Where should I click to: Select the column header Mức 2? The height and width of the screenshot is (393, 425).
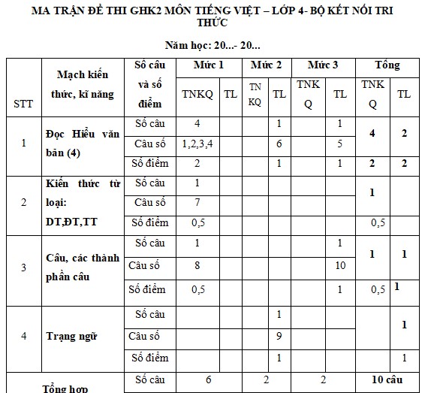click(x=266, y=65)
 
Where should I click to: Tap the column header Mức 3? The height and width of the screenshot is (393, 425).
click(x=323, y=65)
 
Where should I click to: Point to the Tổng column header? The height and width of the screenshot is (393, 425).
click(x=387, y=65)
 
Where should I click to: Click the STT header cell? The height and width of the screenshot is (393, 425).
click(x=23, y=104)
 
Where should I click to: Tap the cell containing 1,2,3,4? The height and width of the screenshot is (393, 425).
click(x=197, y=142)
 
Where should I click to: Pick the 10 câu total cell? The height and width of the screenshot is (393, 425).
click(x=387, y=381)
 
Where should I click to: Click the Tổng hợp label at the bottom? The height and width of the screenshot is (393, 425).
click(x=65, y=388)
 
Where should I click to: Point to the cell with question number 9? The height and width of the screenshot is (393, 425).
click(x=279, y=336)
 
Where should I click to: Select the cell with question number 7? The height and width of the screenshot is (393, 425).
click(x=197, y=202)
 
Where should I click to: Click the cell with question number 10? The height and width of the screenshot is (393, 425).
click(x=339, y=265)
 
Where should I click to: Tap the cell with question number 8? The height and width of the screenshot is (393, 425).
click(x=197, y=265)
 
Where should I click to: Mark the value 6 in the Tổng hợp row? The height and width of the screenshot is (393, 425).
click(x=208, y=381)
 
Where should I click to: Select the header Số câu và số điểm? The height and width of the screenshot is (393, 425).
click(x=150, y=85)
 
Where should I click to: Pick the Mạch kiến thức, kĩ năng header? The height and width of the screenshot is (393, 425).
click(x=82, y=84)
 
